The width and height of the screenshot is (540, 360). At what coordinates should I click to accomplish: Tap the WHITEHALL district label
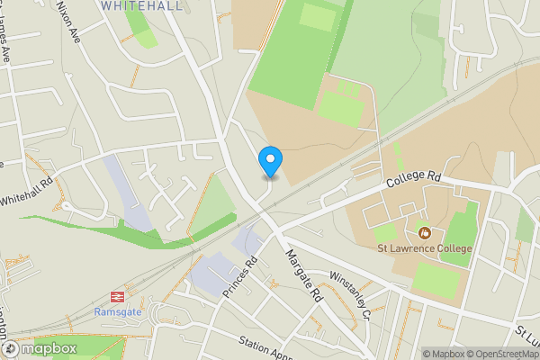point(142,5)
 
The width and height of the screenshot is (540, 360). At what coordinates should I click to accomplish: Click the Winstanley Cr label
point(350,296)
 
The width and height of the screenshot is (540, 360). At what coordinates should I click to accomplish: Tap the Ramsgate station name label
point(118,311)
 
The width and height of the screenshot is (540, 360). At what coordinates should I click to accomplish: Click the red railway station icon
point(117,295)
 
